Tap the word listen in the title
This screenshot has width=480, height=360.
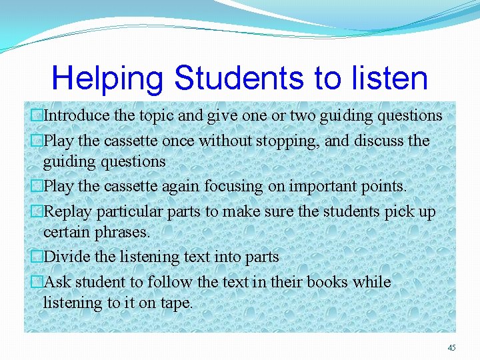pyautogui.click(x=387, y=78)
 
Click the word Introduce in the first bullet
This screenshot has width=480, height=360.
pyautogui.click(x=77, y=115)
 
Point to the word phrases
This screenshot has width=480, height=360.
pyautogui.click(x=123, y=232)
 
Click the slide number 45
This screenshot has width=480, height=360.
pyautogui.click(x=451, y=347)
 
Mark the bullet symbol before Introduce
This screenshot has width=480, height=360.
pyautogui.click(x=37, y=115)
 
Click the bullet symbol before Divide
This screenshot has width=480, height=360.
pyautogui.click(x=37, y=257)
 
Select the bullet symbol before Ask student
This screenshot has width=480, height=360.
pyautogui.click(x=37, y=282)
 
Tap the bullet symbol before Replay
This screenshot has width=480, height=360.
pyautogui.click(x=37, y=212)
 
